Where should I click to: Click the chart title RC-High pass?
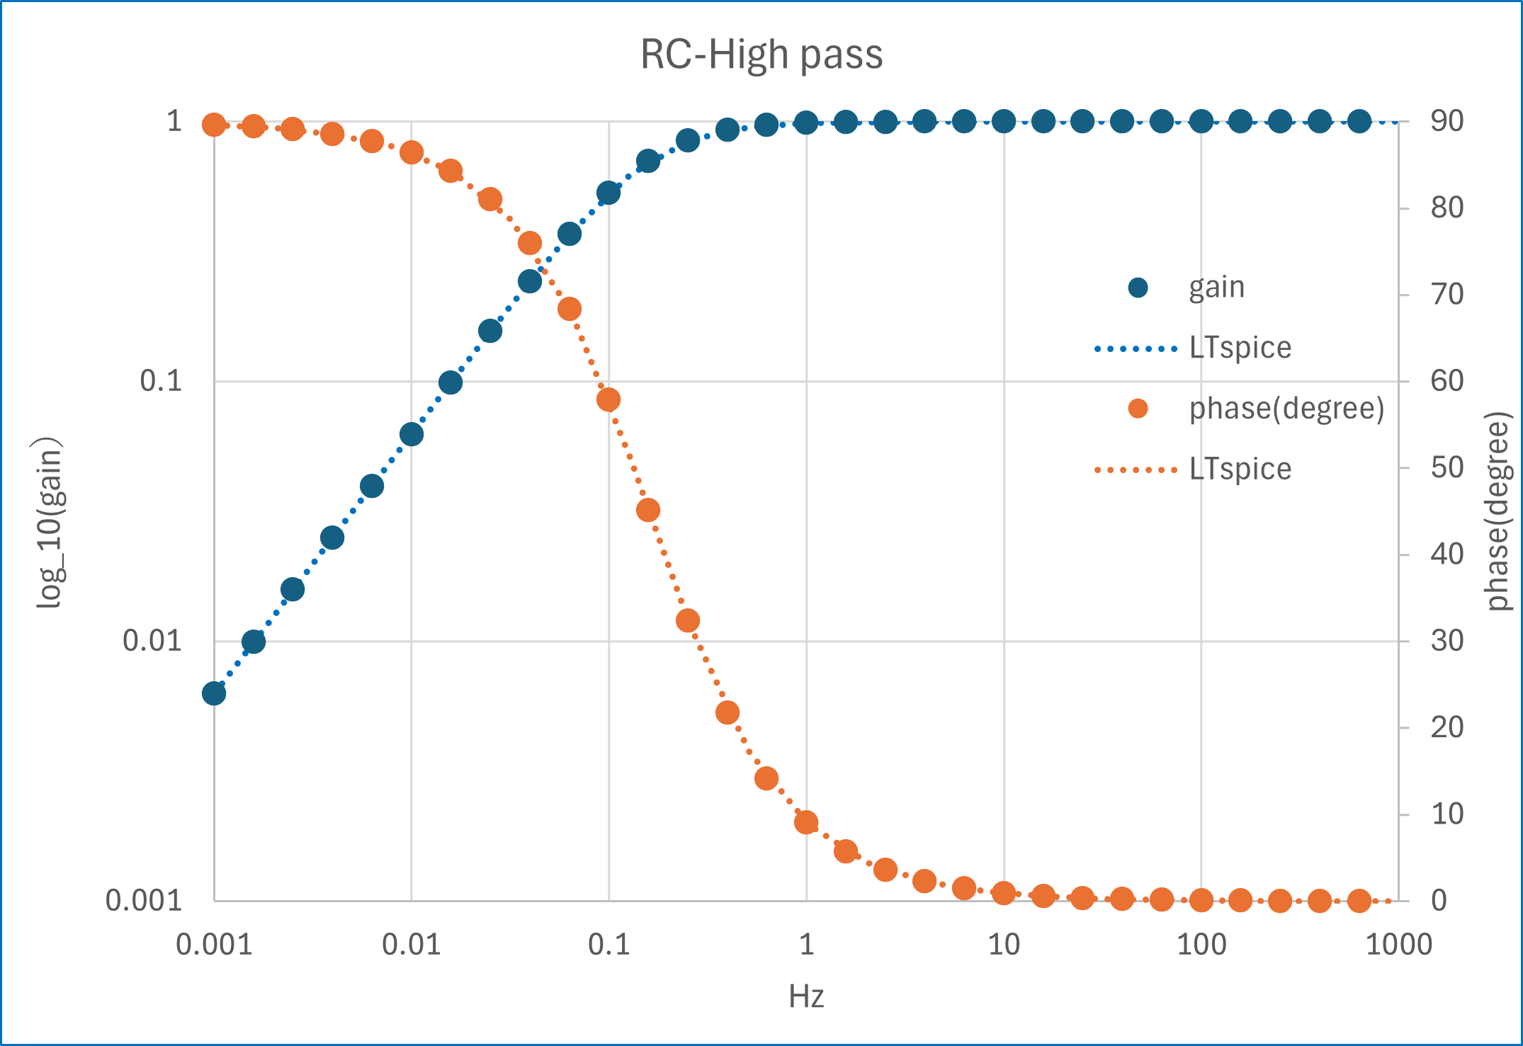(x=761, y=55)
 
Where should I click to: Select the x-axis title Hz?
(x=806, y=996)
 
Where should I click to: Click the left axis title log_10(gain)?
(x=50, y=523)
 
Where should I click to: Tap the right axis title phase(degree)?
(x=1497, y=511)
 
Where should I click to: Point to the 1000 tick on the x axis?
(x=1398, y=945)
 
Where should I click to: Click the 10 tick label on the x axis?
(x=1003, y=945)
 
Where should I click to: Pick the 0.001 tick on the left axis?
(x=144, y=901)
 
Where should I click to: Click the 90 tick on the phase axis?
(x=1447, y=121)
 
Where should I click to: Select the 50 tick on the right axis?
(x=1447, y=467)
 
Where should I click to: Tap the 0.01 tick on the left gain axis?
(x=152, y=641)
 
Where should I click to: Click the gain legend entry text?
(x=1216, y=288)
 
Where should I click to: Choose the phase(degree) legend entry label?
(x=1286, y=409)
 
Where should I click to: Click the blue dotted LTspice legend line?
(x=1136, y=348)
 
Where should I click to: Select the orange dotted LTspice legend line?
(x=1136, y=470)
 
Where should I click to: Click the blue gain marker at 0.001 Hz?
(x=214, y=693)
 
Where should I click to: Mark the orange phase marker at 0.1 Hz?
(x=608, y=399)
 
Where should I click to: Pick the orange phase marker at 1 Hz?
(x=806, y=822)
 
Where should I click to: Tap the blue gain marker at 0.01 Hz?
(x=412, y=434)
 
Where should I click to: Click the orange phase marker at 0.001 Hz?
(x=214, y=125)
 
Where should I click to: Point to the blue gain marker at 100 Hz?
(x=1201, y=122)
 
